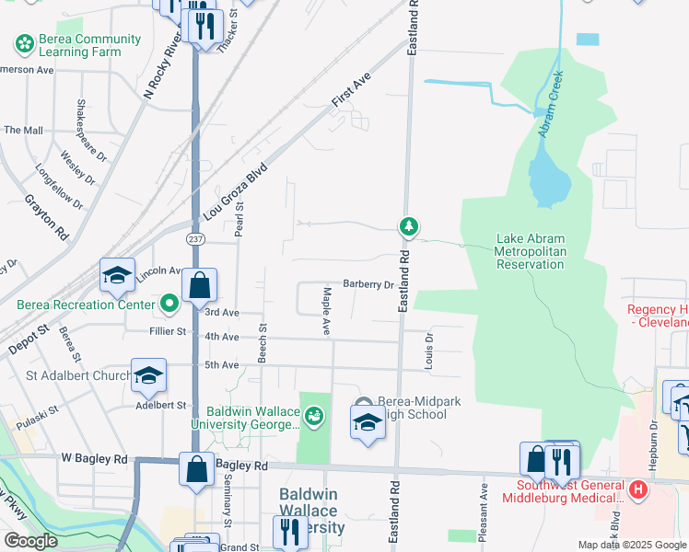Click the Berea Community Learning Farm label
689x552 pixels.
[x=77, y=45]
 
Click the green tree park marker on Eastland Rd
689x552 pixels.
[x=408, y=225]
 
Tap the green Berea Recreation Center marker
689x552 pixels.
[x=169, y=302]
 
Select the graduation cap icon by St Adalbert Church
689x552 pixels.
[x=148, y=375]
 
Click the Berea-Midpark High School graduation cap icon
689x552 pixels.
[x=368, y=423]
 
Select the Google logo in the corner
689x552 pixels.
[x=30, y=541]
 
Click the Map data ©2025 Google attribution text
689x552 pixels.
[x=632, y=545]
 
